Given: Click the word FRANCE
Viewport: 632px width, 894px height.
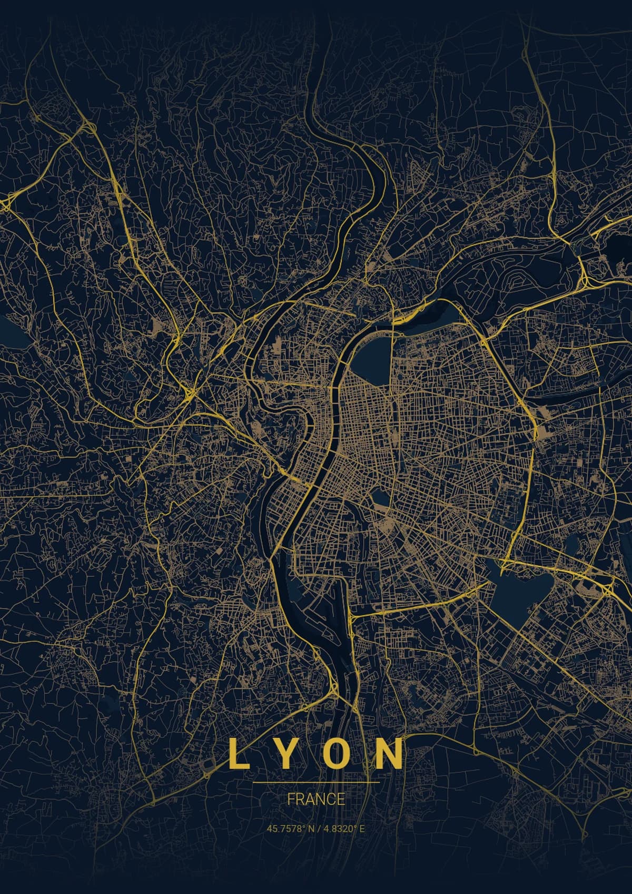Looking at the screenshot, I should pos(316,799).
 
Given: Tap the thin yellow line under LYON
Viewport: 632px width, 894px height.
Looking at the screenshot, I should pos(316,782).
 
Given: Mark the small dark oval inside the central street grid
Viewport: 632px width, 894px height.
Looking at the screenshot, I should pos(379,497).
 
